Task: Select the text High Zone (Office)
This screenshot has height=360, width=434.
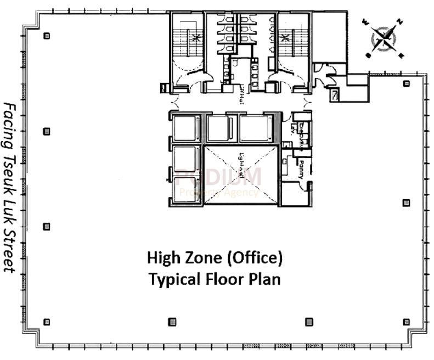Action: (x=215, y=257)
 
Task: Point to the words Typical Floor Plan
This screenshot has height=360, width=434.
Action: (x=215, y=279)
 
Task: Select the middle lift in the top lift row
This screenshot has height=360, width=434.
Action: (x=217, y=128)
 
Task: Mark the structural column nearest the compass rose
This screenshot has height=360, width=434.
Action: (x=406, y=83)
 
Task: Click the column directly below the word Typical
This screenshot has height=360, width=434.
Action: (x=172, y=322)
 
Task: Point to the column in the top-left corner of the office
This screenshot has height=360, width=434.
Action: (x=47, y=36)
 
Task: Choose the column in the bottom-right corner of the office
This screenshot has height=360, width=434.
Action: (x=406, y=322)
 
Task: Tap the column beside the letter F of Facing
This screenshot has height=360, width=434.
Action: (x=47, y=131)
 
